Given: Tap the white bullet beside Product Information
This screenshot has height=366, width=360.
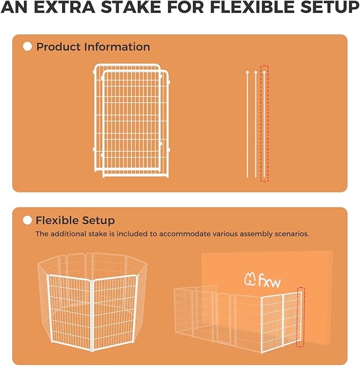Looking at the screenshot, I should click(x=28, y=47).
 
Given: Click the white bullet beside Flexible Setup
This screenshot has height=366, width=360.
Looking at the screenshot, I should click(x=28, y=220).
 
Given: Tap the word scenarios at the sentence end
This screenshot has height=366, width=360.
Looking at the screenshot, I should click(x=290, y=233).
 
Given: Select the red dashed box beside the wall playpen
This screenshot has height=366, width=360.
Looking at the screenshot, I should click(x=301, y=317).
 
